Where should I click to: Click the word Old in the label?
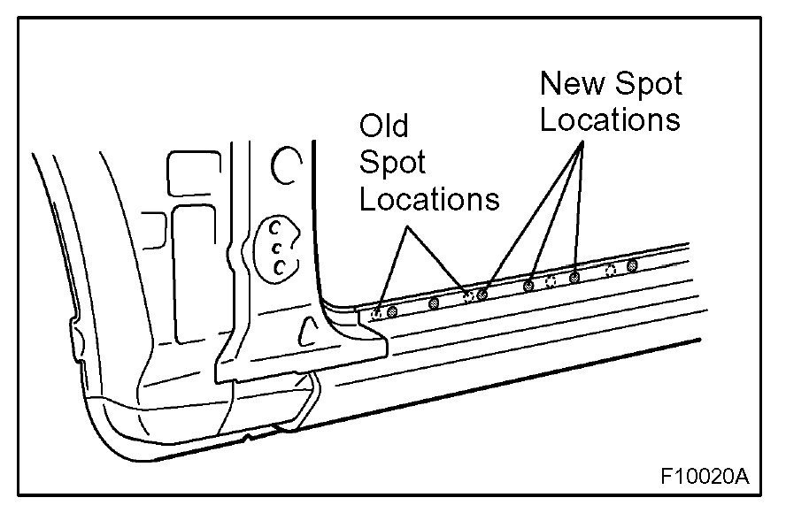click(x=384, y=126)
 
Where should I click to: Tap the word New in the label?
click(x=573, y=84)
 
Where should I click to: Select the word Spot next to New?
click(x=648, y=85)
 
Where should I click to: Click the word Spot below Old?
click(x=392, y=163)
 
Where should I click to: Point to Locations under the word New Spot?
click(x=611, y=119)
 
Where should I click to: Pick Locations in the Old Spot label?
click(x=429, y=199)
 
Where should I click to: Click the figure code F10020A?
click(x=705, y=478)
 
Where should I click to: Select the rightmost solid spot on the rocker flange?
click(x=632, y=264)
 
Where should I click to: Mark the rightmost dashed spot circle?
click(x=610, y=270)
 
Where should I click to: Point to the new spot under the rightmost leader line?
click(x=574, y=278)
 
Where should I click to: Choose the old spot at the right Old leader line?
click(x=467, y=294)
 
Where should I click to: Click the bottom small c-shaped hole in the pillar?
click(x=280, y=265)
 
